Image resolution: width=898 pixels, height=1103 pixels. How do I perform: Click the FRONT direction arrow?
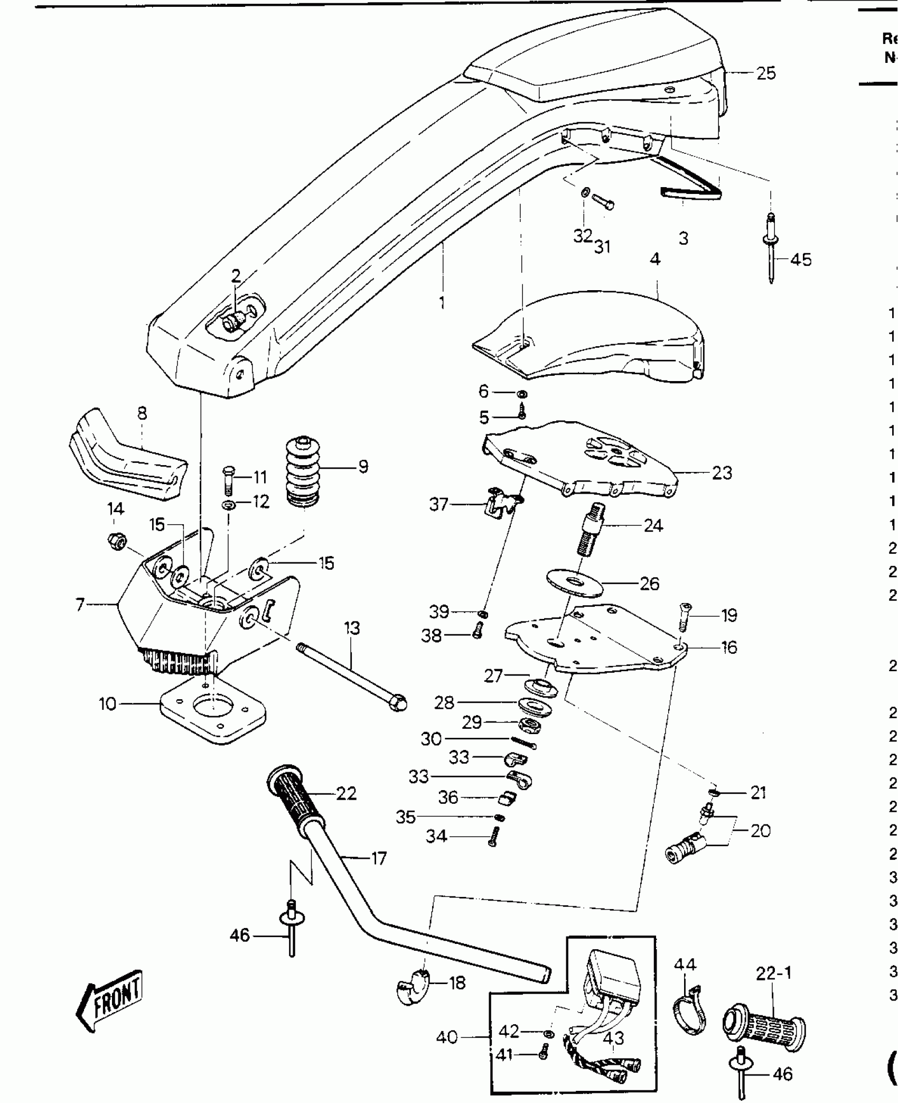110,993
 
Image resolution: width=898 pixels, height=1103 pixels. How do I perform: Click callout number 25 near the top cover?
766,73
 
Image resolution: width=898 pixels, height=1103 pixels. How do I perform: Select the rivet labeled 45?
771,248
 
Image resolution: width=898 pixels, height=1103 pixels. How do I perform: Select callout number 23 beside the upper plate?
722,473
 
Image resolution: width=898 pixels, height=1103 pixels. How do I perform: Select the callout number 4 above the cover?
655,259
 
